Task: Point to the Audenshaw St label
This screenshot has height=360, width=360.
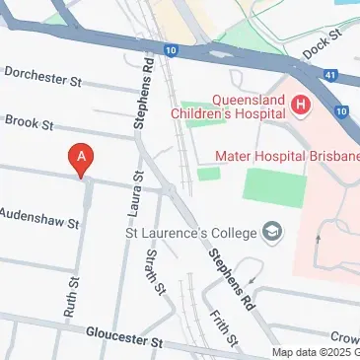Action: pyautogui.click(x=38, y=218)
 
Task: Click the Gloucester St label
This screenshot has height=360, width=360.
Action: pyautogui.click(x=122, y=339)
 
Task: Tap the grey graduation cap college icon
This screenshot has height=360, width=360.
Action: pyautogui.click(x=270, y=234)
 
